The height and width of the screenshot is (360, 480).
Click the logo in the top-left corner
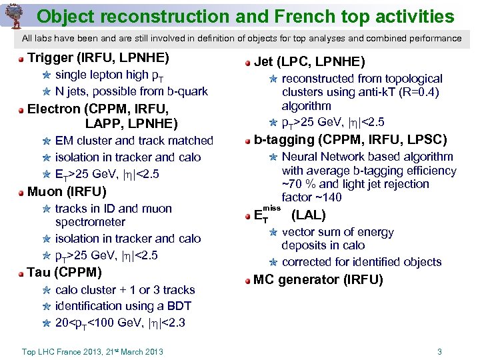point(14,14)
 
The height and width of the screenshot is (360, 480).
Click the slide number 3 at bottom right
point(439,351)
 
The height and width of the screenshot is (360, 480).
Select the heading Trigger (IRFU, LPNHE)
point(98,57)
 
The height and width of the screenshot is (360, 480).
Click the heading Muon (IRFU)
point(67,192)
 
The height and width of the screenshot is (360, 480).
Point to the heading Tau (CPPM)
point(65,272)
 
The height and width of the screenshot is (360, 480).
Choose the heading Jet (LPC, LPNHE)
point(309,62)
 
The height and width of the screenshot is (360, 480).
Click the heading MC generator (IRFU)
point(318,279)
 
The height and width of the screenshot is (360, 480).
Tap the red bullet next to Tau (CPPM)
point(21,273)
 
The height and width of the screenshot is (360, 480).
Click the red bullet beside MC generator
point(247,280)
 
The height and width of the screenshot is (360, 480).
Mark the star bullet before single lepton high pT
point(46,75)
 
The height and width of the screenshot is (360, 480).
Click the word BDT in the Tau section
point(179,306)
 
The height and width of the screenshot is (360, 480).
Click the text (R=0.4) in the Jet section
point(416,92)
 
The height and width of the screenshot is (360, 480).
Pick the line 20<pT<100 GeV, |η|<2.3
point(120,323)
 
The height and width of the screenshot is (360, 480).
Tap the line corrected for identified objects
point(361,262)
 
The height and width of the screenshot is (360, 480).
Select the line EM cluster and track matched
point(134,141)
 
